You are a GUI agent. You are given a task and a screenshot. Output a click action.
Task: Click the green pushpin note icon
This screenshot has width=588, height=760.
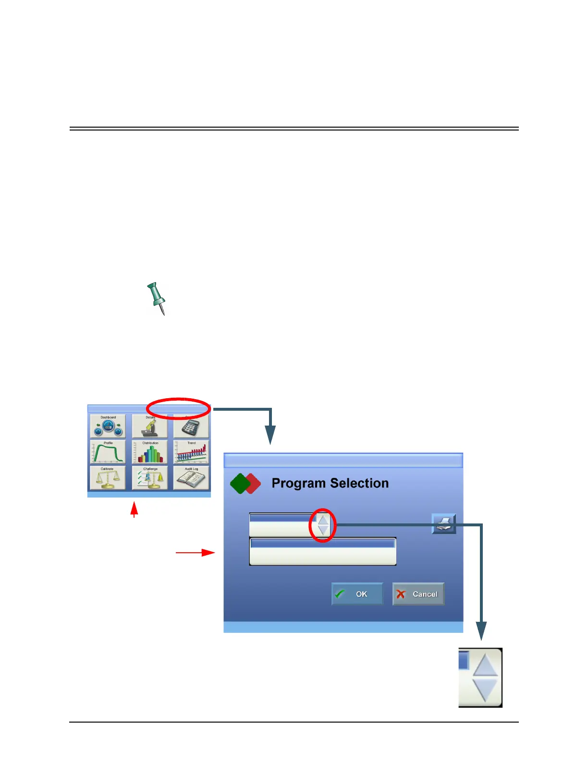[x=156, y=297]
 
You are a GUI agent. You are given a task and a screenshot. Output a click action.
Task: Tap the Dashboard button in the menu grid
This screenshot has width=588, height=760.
[x=108, y=426]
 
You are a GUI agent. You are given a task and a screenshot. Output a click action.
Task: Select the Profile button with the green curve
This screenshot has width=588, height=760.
[x=108, y=451]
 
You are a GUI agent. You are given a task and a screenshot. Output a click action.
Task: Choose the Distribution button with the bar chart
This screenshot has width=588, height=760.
[x=150, y=451]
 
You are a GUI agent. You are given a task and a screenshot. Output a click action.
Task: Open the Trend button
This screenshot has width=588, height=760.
[x=191, y=451]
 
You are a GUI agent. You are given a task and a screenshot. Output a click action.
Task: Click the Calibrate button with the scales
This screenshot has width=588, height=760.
[x=108, y=477]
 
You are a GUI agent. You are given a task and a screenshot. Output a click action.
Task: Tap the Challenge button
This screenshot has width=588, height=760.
[x=150, y=477]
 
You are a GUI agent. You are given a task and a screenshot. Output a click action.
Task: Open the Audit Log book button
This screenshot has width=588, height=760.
[x=191, y=477]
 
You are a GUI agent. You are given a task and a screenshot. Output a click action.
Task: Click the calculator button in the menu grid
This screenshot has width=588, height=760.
[x=191, y=426]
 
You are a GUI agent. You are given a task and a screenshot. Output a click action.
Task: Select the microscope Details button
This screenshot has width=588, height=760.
[x=150, y=426]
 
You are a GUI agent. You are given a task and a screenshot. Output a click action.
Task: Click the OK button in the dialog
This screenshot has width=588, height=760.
[x=357, y=594]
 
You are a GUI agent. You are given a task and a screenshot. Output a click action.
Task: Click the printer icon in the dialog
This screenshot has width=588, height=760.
[x=443, y=523]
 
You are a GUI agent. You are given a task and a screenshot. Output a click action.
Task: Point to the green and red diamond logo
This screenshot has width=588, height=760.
[x=245, y=484]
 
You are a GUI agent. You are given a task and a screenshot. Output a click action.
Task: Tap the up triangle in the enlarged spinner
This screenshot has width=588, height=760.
[x=485, y=665]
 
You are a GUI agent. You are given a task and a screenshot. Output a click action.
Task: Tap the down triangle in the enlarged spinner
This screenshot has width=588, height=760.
[x=485, y=689]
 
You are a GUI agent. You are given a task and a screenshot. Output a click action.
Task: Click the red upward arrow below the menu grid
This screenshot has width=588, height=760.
[x=135, y=509]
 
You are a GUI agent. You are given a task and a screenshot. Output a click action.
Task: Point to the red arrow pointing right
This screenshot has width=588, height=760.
[x=195, y=553]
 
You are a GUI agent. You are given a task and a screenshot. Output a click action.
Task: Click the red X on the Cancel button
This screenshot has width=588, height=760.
[x=401, y=594]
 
